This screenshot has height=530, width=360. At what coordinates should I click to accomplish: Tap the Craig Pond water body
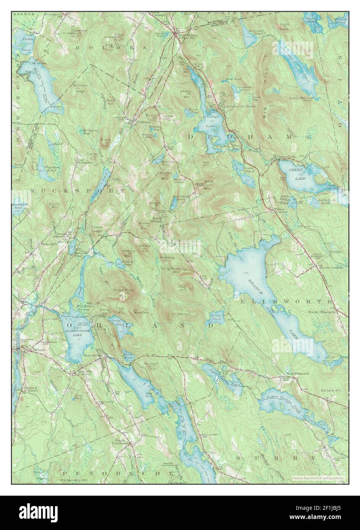pos(116,321)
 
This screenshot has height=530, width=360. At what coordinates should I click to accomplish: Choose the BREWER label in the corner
pos(24,14)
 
